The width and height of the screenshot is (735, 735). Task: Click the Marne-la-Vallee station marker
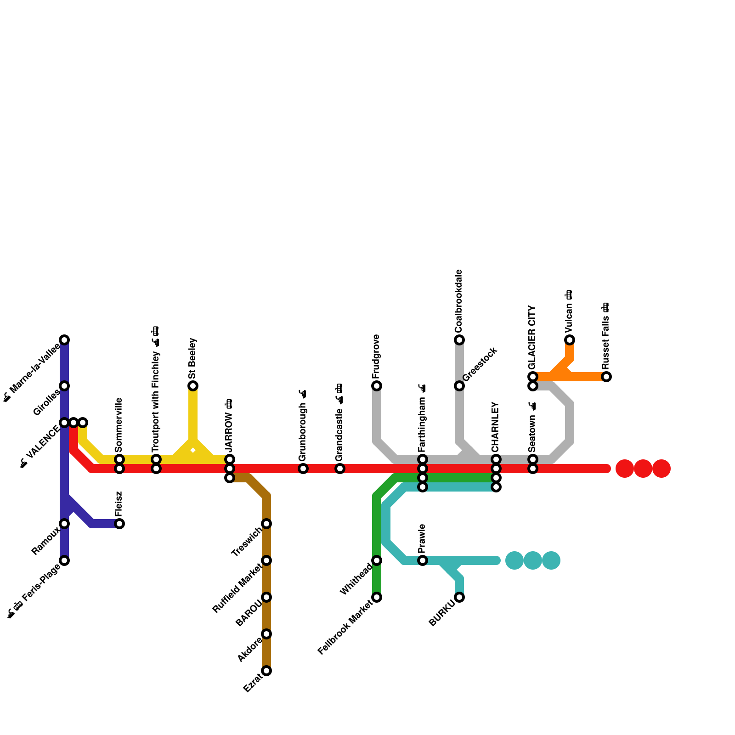[x=64, y=340]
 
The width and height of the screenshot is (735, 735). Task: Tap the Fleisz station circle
[x=119, y=524]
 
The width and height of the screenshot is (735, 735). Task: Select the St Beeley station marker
[x=193, y=386]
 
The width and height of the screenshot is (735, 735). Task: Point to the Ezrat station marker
[x=266, y=671]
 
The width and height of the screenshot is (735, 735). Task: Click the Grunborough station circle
[x=303, y=469]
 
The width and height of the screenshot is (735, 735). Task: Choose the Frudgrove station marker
[x=377, y=386]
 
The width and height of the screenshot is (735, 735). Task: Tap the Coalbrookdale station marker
[x=459, y=340]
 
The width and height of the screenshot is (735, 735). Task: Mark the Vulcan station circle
[x=570, y=340]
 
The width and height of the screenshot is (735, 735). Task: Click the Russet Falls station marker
[x=606, y=377]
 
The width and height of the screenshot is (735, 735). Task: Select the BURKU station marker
[x=459, y=597]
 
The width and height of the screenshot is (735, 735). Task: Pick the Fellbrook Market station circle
[x=377, y=597]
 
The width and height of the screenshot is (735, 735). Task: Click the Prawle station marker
[x=423, y=560]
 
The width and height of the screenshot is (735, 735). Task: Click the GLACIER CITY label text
[x=532, y=337]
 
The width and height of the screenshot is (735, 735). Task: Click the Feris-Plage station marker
[x=64, y=560]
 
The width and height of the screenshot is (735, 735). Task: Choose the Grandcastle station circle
[x=340, y=469]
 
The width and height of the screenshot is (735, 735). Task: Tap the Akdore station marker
[x=266, y=634]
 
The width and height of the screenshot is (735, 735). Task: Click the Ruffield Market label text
[x=237, y=588]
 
